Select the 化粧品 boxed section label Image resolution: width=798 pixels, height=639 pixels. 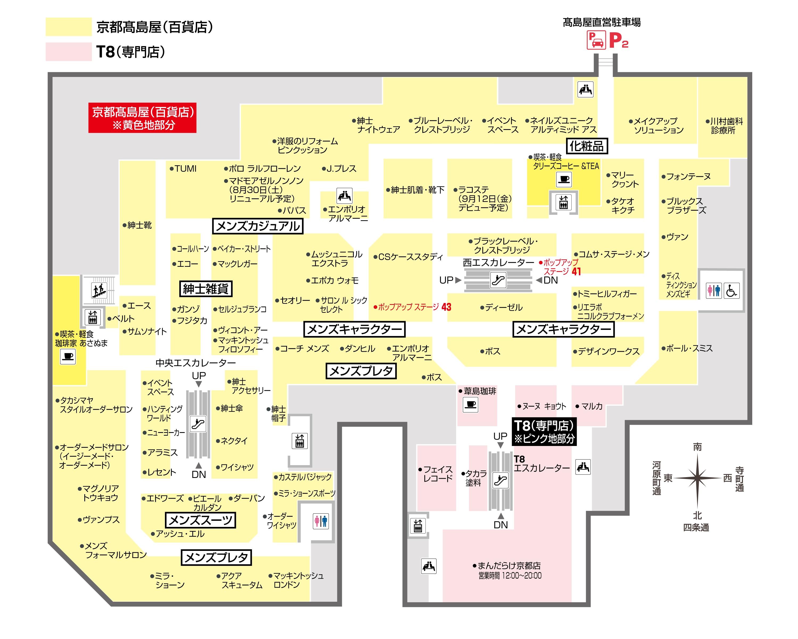click(x=586, y=146)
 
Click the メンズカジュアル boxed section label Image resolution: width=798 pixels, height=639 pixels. click(x=257, y=226)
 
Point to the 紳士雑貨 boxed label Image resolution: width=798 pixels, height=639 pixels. click(x=206, y=289)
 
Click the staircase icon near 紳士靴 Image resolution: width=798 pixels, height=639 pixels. click(x=99, y=290)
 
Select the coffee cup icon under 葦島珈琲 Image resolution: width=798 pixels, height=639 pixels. click(x=471, y=404)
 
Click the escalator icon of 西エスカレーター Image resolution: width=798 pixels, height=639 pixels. click(x=498, y=280)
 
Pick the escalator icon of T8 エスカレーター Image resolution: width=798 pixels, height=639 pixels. click(x=500, y=481)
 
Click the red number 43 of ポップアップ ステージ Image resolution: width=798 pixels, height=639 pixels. click(x=446, y=307)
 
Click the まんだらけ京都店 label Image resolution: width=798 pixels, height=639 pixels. click(x=509, y=566)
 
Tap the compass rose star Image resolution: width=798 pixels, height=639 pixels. click(x=697, y=478)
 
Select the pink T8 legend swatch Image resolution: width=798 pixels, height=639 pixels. click(x=68, y=51)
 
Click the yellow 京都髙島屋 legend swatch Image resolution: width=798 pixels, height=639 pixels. click(x=68, y=27)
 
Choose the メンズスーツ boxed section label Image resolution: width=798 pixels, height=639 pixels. click(x=200, y=520)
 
